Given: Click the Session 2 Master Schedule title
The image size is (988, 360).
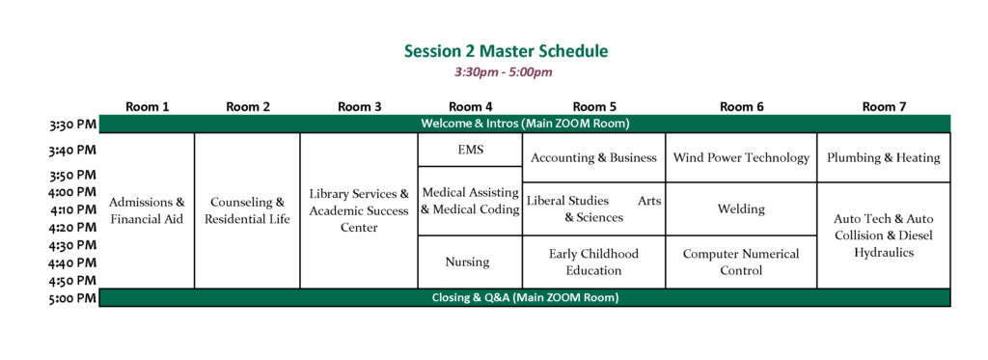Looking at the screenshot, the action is tap(506, 51).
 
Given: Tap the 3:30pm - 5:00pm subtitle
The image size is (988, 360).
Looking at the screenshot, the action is tap(504, 72).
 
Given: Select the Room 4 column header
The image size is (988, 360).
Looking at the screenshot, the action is tap(470, 106).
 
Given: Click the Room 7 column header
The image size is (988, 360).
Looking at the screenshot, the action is tap(884, 106).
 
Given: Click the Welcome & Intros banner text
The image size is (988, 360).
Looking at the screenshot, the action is tap(525, 124).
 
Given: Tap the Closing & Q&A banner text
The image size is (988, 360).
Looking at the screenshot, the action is tap(525, 297).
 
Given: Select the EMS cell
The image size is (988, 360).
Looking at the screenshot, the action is tap(470, 150).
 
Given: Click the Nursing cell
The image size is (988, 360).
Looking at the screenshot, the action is tap(470, 262).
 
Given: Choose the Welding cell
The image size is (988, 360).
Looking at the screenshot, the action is tap(741, 208).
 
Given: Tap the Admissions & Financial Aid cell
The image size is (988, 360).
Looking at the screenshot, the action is tap(147, 210).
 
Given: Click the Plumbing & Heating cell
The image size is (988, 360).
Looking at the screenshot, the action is tap(884, 157).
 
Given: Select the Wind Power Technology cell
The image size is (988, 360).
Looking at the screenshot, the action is tap(741, 157).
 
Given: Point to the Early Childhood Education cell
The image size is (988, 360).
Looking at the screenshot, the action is tap(593, 262).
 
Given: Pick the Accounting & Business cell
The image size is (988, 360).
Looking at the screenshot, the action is tap(593, 157).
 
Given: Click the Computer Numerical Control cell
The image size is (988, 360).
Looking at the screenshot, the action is tap(741, 262).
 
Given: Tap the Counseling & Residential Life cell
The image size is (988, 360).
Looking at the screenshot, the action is tap(247, 210).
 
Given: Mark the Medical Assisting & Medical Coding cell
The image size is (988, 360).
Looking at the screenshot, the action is tap(470, 201).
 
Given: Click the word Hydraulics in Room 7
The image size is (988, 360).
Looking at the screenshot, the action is tap(884, 253).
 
